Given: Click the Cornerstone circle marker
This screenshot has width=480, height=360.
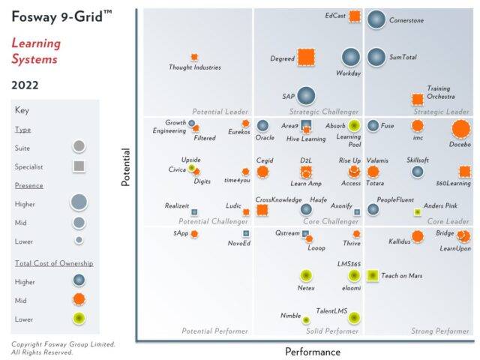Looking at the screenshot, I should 376,19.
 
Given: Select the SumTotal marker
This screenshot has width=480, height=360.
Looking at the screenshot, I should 376,57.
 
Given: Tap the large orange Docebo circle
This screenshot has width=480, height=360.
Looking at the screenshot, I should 461,129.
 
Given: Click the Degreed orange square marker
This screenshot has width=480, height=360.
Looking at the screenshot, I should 306,57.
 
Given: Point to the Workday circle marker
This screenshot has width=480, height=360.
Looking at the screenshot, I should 351,57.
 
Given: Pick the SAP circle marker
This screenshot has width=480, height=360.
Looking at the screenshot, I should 305,95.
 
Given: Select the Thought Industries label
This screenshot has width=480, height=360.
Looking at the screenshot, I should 194,67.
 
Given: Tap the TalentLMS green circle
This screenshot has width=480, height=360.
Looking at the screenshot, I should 353,318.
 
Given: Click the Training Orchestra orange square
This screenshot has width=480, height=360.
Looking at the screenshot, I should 418,99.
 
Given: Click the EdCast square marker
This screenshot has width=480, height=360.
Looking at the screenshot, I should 355,16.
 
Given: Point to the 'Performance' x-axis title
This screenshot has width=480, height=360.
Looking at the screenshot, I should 312,351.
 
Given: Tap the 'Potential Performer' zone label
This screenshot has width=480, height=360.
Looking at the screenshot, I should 215,331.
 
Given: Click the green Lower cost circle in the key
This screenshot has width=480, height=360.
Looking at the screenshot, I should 79,318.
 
